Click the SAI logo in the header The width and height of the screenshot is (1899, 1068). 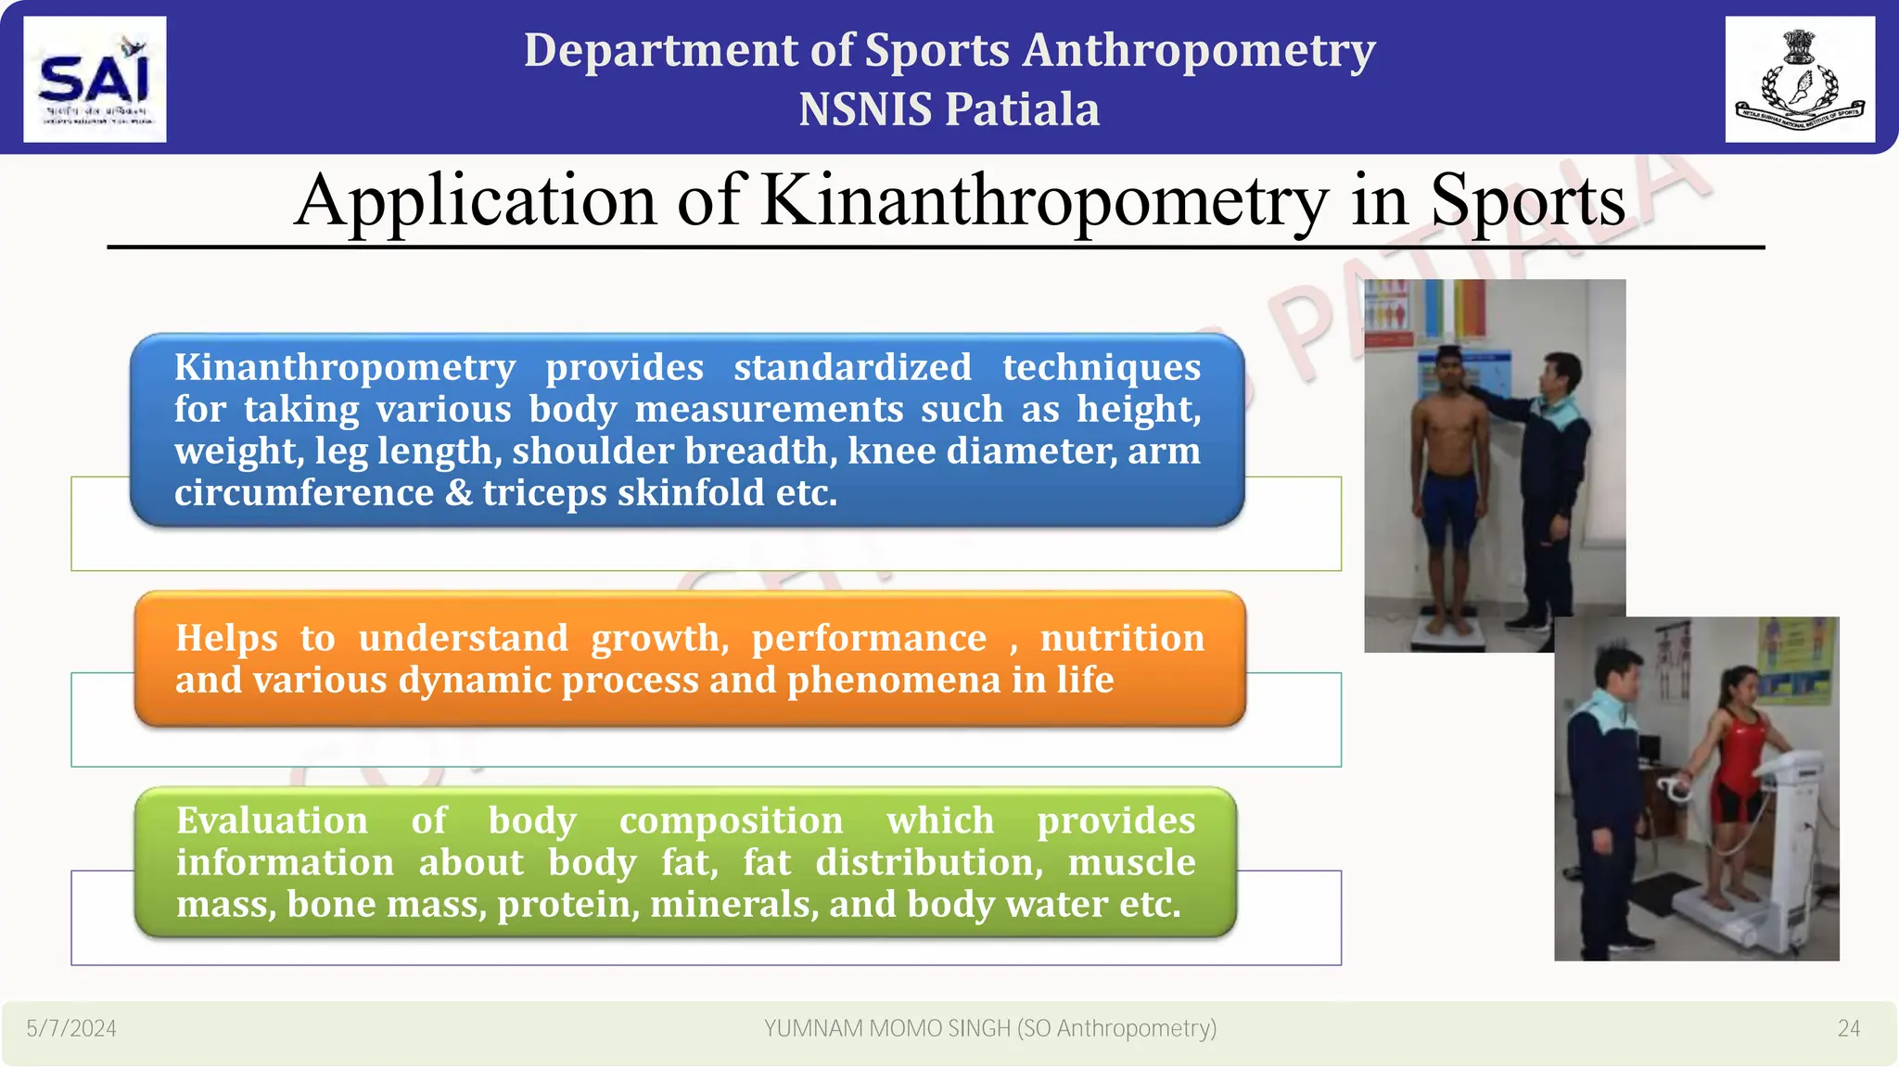95,80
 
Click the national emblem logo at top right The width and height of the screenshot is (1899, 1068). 1799,80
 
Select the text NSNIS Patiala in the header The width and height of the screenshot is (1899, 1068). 949,109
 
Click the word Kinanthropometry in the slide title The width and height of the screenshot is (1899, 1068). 1044,201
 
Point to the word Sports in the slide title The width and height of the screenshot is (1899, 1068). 1527,201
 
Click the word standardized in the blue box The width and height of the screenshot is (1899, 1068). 852,367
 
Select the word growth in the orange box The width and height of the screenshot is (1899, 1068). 659,638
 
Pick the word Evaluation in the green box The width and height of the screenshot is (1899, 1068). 272,820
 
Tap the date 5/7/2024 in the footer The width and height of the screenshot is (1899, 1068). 71,1028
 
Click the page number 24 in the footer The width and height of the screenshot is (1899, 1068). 1848,1028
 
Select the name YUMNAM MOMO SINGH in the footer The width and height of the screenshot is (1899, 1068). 886,1028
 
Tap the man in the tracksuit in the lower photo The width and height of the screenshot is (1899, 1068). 1609,788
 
